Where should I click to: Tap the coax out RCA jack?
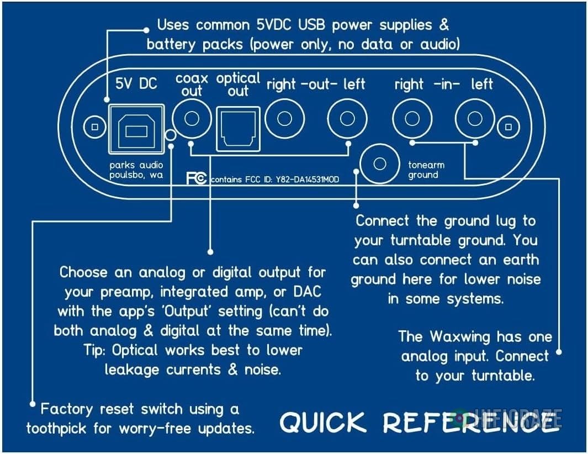(x=192, y=118)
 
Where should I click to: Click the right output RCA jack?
(x=284, y=118)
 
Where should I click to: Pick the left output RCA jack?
(x=347, y=118)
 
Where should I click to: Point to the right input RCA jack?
(x=411, y=118)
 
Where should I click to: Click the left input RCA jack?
(x=474, y=118)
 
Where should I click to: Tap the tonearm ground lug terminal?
(x=379, y=163)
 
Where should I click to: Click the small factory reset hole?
(x=171, y=134)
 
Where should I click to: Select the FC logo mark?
(x=197, y=178)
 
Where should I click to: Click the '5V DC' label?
(x=136, y=83)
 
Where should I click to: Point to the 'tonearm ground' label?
(x=426, y=170)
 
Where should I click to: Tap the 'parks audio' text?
(x=136, y=165)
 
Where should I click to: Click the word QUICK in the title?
(x=322, y=423)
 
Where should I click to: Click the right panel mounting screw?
(x=507, y=128)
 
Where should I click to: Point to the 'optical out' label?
(x=238, y=84)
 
